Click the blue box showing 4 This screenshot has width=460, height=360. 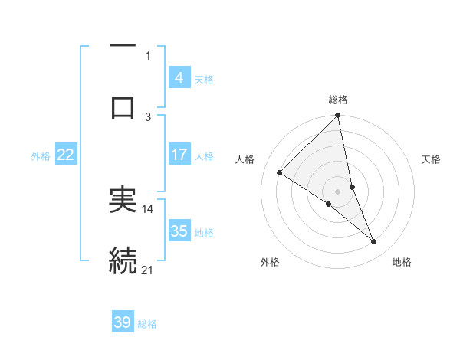pyautogui.click(x=179, y=78)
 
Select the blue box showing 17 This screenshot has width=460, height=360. pyautogui.click(x=179, y=155)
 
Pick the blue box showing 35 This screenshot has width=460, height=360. pyautogui.click(x=179, y=231)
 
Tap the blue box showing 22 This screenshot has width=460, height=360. pyautogui.click(x=66, y=155)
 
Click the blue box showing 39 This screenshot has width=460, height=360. pyautogui.click(x=123, y=322)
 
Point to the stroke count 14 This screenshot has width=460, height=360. pyautogui.click(x=148, y=208)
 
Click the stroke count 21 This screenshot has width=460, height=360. pyautogui.click(x=148, y=270)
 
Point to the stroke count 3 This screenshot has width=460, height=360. pyautogui.click(x=148, y=116)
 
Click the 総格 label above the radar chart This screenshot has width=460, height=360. pyautogui.click(x=338, y=100)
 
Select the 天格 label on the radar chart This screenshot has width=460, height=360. pyautogui.click(x=432, y=159)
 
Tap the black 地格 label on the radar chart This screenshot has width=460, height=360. pyautogui.click(x=402, y=262)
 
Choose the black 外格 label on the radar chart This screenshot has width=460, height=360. pyautogui.click(x=270, y=262)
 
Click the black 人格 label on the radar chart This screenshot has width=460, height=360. pyautogui.click(x=245, y=159)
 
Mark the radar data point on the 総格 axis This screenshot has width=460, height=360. pyautogui.click(x=338, y=116)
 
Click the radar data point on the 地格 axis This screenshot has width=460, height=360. pyautogui.click(x=374, y=241)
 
